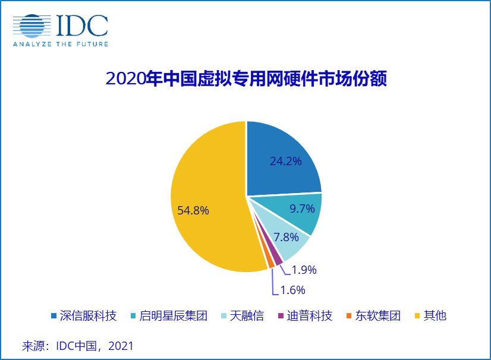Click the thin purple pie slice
pyautogui.click(x=277, y=259)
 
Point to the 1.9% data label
pyautogui.click(x=304, y=270)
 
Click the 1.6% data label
pyautogui.click(x=292, y=290)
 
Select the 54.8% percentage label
pyautogui.click(x=193, y=210)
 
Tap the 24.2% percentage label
pyautogui.click(x=286, y=160)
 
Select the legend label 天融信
pyautogui.click(x=247, y=315)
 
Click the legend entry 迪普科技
pyautogui.click(x=309, y=315)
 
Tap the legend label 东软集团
pyautogui.click(x=377, y=315)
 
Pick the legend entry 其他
pyautogui.click(x=435, y=315)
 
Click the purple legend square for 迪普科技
pyautogui.click(x=281, y=315)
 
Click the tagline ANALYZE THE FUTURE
pyautogui.click(x=61, y=44)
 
